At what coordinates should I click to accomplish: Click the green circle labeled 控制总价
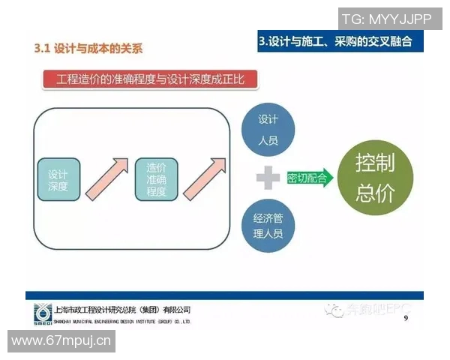pos(375,178)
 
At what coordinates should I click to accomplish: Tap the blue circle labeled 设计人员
pos(268,130)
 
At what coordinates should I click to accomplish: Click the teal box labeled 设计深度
pos(58,179)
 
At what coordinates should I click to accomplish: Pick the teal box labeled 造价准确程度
pos(156,179)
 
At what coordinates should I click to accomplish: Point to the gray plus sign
pos(267,178)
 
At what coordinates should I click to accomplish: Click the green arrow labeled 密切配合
pos(309,178)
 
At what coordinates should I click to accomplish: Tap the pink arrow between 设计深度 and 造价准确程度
pos(106,178)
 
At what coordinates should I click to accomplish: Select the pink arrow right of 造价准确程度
pos(203,178)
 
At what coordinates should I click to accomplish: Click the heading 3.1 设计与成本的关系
pos(88,49)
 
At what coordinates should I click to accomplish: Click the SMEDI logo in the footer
pos(43,313)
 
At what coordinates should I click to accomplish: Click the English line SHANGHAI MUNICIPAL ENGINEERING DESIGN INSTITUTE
pos(123,320)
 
